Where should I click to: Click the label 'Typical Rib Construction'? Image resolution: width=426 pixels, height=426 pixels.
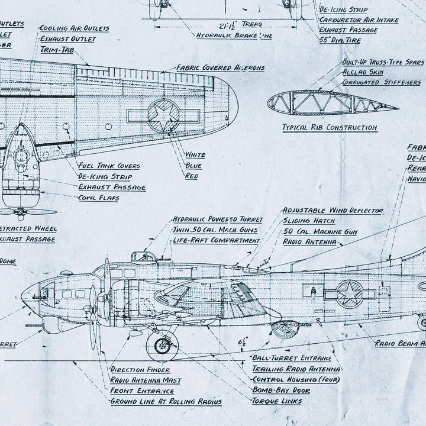[330, 127]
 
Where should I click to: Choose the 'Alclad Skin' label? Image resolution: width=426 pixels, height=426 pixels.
[363, 72]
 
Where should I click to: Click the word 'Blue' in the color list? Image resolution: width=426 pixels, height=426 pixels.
[193, 166]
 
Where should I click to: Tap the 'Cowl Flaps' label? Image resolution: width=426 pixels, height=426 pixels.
[99, 198]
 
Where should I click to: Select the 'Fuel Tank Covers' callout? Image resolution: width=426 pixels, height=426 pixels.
[109, 166]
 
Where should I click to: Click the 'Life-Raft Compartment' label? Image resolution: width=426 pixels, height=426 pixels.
[217, 241]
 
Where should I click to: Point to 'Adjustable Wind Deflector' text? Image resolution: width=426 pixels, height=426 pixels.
[333, 210]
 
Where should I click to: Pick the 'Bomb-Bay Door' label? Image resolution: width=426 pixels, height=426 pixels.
[281, 390]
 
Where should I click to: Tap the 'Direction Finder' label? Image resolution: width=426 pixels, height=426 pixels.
[141, 369]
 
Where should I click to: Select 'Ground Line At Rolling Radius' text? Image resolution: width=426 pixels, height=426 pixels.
[166, 402]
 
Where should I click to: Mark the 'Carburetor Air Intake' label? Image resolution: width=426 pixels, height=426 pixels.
[366, 20]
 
